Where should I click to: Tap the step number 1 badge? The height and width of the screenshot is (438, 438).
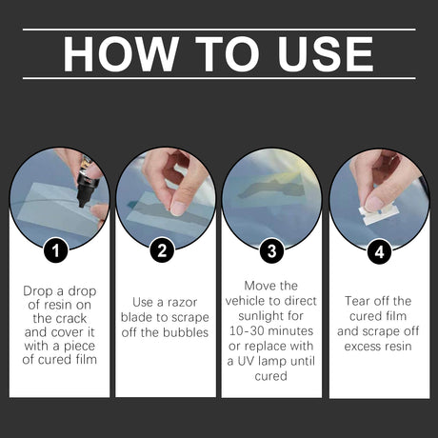tap(59, 253)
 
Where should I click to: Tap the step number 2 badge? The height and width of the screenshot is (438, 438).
tap(165, 253)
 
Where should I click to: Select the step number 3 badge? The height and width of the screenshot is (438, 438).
tap(271, 253)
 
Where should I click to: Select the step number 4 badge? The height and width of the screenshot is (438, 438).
tap(378, 253)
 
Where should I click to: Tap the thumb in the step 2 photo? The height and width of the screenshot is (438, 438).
tap(179, 202)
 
